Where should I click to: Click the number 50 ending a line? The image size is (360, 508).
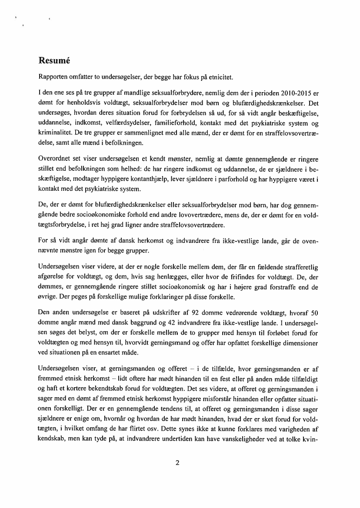click(x=314, y=313)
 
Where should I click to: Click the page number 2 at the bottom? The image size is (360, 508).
click(x=177, y=462)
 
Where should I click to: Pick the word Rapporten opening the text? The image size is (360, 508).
click(x=53, y=78)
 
